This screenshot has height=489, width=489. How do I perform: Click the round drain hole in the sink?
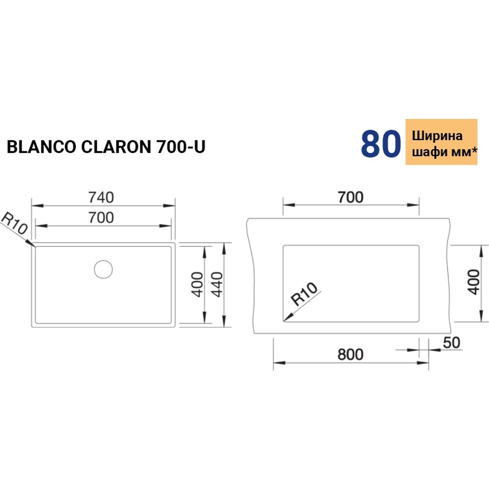103,268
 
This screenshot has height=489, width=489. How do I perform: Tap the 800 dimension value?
350,354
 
